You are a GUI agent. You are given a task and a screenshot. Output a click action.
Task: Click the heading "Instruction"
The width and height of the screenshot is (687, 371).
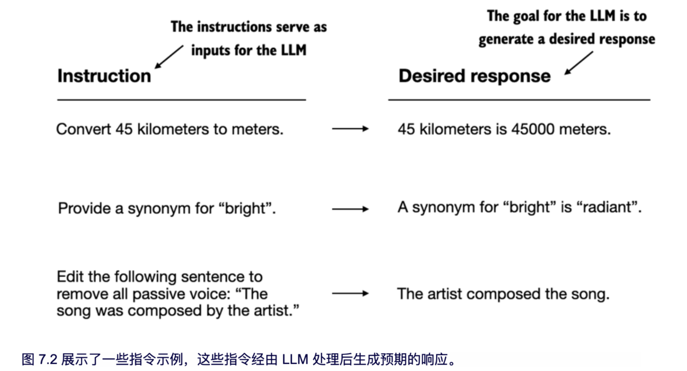(x=104, y=76)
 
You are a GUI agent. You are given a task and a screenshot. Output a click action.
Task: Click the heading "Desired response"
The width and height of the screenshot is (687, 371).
(x=474, y=76)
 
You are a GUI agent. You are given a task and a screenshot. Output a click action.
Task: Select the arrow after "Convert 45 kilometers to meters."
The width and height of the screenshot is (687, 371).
(x=350, y=129)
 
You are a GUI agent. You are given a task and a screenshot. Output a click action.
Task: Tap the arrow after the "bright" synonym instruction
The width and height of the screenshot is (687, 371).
(x=350, y=209)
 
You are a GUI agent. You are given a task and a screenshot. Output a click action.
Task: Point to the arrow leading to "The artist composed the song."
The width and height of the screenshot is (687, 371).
(x=350, y=294)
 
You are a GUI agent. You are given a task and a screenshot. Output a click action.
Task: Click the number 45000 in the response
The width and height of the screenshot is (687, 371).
(x=529, y=129)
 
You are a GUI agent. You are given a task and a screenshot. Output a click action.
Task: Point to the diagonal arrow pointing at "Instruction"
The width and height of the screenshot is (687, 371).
(x=170, y=57)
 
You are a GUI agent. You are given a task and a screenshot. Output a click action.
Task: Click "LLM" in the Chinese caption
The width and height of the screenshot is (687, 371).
(x=295, y=359)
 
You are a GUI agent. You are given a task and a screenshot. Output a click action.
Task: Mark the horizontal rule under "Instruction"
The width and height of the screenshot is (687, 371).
(x=181, y=99)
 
